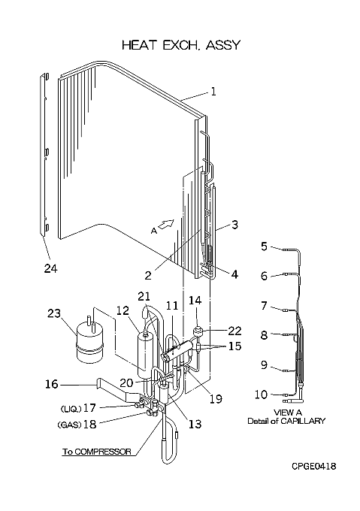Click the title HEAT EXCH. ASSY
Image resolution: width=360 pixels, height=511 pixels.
181,45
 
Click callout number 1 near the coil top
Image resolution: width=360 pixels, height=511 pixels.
213,92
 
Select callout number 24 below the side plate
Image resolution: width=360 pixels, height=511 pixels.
51,268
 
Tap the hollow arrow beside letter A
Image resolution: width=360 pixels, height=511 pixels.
166,224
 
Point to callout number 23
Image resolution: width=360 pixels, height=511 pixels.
54,313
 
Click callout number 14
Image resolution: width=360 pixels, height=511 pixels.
195,301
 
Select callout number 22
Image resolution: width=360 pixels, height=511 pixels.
234,331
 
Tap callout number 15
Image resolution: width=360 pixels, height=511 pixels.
235,346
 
